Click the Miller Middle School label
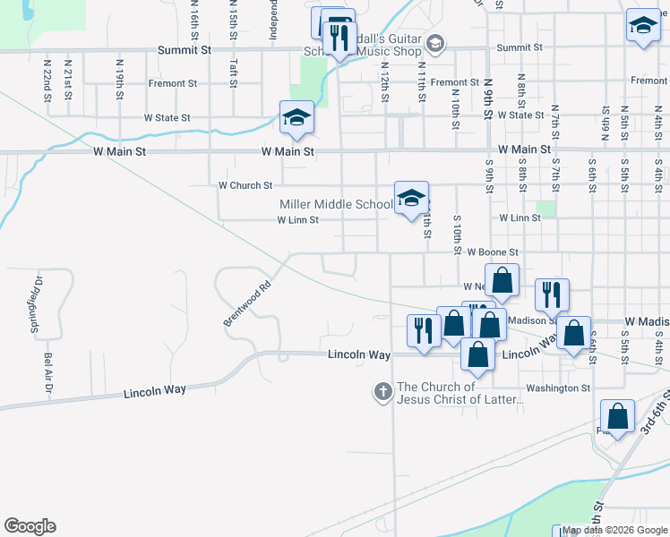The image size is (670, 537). [x=336, y=205]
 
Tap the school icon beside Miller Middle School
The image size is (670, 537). [x=411, y=199]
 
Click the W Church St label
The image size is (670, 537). [x=245, y=186]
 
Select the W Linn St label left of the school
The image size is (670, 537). [x=297, y=220]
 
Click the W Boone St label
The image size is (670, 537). [x=493, y=253]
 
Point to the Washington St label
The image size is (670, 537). [x=558, y=388]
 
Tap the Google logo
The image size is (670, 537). [x=30, y=526]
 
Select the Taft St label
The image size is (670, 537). [x=233, y=70]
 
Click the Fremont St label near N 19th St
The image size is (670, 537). [x=174, y=84]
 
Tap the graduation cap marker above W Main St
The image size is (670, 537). [x=296, y=119]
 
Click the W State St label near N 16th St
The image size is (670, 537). [x=167, y=118]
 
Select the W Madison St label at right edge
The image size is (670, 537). [x=646, y=321]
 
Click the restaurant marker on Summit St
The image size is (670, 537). [x=339, y=38]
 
